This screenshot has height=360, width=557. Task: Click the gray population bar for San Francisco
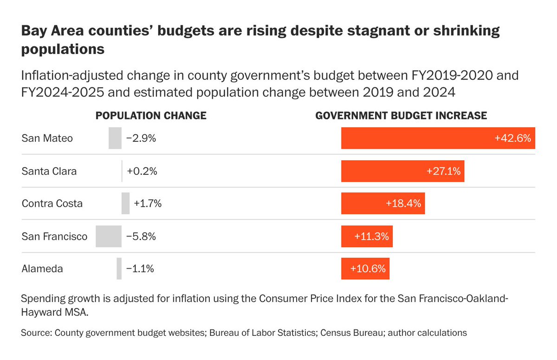[x=109, y=236]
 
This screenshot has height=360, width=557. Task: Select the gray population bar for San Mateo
[x=115, y=138]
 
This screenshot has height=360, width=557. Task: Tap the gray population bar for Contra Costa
[x=125, y=203]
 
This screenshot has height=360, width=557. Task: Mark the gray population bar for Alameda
[x=119, y=269]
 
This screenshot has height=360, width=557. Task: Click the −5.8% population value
[x=141, y=236]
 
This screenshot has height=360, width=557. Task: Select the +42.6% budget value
[x=512, y=138]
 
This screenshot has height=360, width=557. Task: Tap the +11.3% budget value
[x=371, y=236]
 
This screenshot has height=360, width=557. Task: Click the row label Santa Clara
[x=49, y=171]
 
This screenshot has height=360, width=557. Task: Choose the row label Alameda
[x=42, y=269]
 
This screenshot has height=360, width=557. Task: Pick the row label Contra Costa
[x=52, y=203]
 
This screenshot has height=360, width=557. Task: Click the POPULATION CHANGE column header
[x=151, y=115]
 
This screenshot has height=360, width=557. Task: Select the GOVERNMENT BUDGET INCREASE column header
[x=401, y=115]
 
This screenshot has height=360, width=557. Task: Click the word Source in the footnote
[x=35, y=333]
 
